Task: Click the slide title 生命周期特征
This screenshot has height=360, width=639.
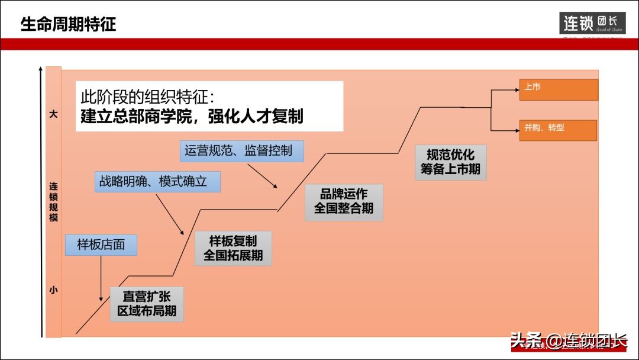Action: point(68,24)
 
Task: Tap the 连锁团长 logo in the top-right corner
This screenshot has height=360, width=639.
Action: point(592,24)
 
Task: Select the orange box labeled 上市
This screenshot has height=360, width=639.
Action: point(558,89)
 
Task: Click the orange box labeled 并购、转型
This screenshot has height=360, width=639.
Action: point(558,130)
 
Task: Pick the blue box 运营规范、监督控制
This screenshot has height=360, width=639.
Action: point(241,150)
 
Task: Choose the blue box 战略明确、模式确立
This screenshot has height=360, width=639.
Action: point(157,181)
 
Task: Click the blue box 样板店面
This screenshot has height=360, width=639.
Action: point(101,245)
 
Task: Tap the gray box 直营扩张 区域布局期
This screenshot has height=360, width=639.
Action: point(147,304)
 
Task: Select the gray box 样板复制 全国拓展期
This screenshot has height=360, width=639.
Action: point(233,249)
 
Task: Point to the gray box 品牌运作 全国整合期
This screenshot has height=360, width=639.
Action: point(344,202)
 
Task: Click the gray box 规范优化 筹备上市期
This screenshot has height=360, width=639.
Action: point(450,162)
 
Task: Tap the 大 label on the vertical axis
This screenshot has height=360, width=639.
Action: point(53,114)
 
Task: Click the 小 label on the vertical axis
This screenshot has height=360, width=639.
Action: point(53,290)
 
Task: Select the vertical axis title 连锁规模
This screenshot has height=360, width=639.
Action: point(53,202)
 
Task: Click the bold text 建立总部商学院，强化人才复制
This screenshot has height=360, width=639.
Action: point(192,116)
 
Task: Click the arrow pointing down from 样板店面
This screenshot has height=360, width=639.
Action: point(101,278)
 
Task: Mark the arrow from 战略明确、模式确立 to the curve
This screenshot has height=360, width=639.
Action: point(170,214)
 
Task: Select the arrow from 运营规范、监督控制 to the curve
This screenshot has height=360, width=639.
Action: point(263,176)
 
